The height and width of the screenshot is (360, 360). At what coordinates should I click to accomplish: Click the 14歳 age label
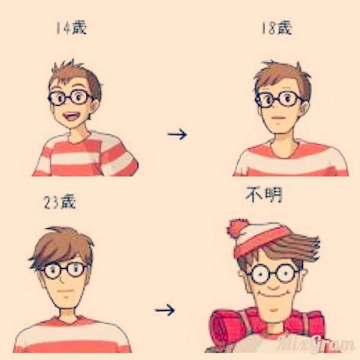point(71,28)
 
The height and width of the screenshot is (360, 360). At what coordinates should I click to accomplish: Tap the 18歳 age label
point(277,28)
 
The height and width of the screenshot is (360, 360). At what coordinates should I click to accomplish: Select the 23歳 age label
point(60,202)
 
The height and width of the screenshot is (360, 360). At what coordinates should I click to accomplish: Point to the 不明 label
point(264,195)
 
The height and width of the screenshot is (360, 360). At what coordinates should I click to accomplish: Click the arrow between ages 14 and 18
point(177,134)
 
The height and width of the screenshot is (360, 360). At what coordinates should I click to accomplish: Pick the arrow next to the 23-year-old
point(165,310)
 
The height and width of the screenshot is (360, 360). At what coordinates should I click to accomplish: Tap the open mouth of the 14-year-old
point(71,116)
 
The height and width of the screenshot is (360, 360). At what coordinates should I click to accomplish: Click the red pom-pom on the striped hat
point(237,227)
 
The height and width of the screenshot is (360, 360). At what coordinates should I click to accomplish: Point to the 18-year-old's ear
point(305,110)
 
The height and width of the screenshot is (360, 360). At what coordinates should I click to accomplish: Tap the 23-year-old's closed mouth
point(65,291)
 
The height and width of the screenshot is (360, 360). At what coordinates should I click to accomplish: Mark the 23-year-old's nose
point(61,280)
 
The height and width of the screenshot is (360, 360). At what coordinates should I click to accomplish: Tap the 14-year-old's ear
point(94,108)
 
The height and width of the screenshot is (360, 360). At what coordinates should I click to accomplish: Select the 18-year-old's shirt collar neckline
point(285,149)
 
